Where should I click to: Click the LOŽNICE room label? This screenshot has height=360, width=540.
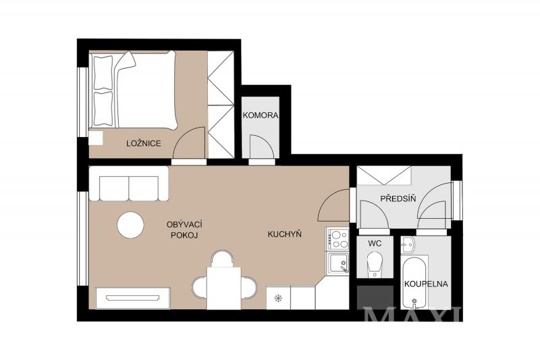coord(144,143)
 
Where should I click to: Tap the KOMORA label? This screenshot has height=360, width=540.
coord(261,115)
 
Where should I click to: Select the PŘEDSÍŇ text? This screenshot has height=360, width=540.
coord(398,198)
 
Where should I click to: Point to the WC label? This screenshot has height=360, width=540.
coord(375,244)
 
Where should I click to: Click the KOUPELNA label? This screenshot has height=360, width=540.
coord(426,284)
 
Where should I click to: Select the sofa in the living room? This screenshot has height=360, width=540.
coord(129,184)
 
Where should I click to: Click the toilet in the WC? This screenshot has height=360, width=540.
coord(375,264)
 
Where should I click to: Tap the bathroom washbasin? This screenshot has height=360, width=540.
coord(408,244)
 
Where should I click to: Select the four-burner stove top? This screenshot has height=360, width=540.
coord(337,239)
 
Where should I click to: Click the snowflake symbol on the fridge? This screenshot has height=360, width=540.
coord(278,299)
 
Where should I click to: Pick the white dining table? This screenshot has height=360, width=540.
coord(224,288)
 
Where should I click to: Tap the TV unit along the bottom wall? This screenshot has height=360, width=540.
coord(133,298)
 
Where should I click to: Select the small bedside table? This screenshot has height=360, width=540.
coord(96,138)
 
